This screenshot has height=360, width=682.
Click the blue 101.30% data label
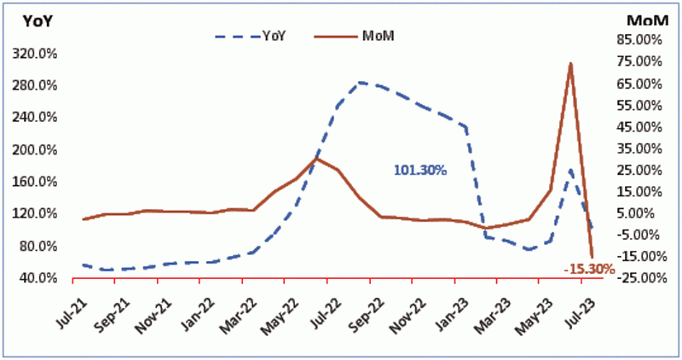[419, 170]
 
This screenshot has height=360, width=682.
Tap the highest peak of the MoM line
[570, 63]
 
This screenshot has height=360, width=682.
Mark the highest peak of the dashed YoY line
[361, 82]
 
